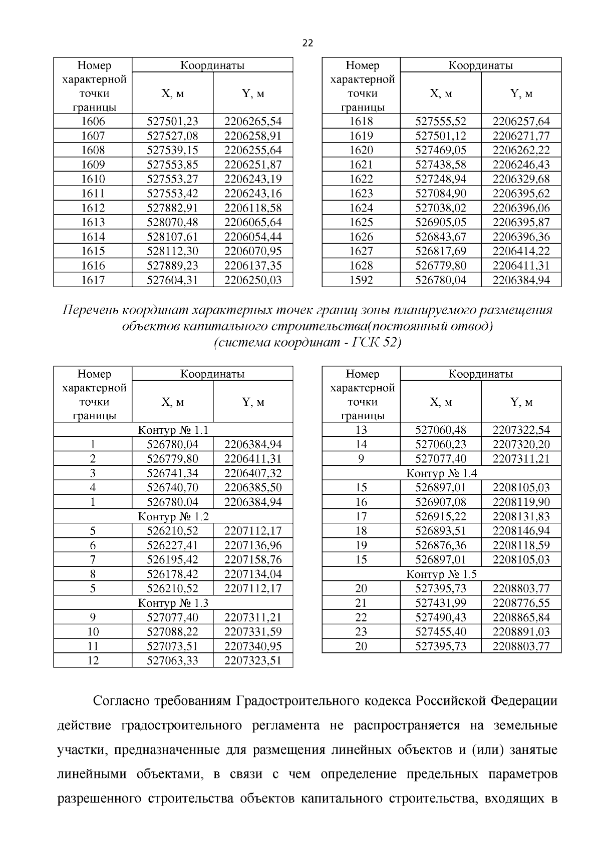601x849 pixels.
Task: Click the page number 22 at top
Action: pyautogui.click(x=308, y=44)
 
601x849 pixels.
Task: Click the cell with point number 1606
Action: pyautogui.click(x=93, y=122)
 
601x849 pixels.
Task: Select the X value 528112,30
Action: pyautogui.click(x=172, y=251)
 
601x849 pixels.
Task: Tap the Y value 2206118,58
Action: pyautogui.click(x=253, y=208)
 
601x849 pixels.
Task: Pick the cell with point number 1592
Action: pyautogui.click(x=361, y=280)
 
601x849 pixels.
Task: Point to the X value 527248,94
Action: pyautogui.click(x=441, y=179)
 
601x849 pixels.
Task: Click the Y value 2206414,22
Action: pyautogui.click(x=521, y=251)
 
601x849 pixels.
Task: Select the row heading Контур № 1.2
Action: pyautogui.click(x=173, y=517)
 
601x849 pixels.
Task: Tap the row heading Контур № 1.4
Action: pyautogui.click(x=441, y=473)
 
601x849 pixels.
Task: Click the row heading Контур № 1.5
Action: pyautogui.click(x=441, y=574)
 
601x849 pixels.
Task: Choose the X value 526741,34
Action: pyautogui.click(x=172, y=473)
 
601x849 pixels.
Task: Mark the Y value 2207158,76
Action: pyautogui.click(x=253, y=560)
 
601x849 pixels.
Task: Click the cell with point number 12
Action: pyautogui.click(x=93, y=661)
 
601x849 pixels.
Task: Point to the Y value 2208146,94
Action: pyautogui.click(x=521, y=531)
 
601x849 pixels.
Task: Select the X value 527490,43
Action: pyautogui.click(x=441, y=618)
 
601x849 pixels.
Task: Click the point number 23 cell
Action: pyautogui.click(x=361, y=632)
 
